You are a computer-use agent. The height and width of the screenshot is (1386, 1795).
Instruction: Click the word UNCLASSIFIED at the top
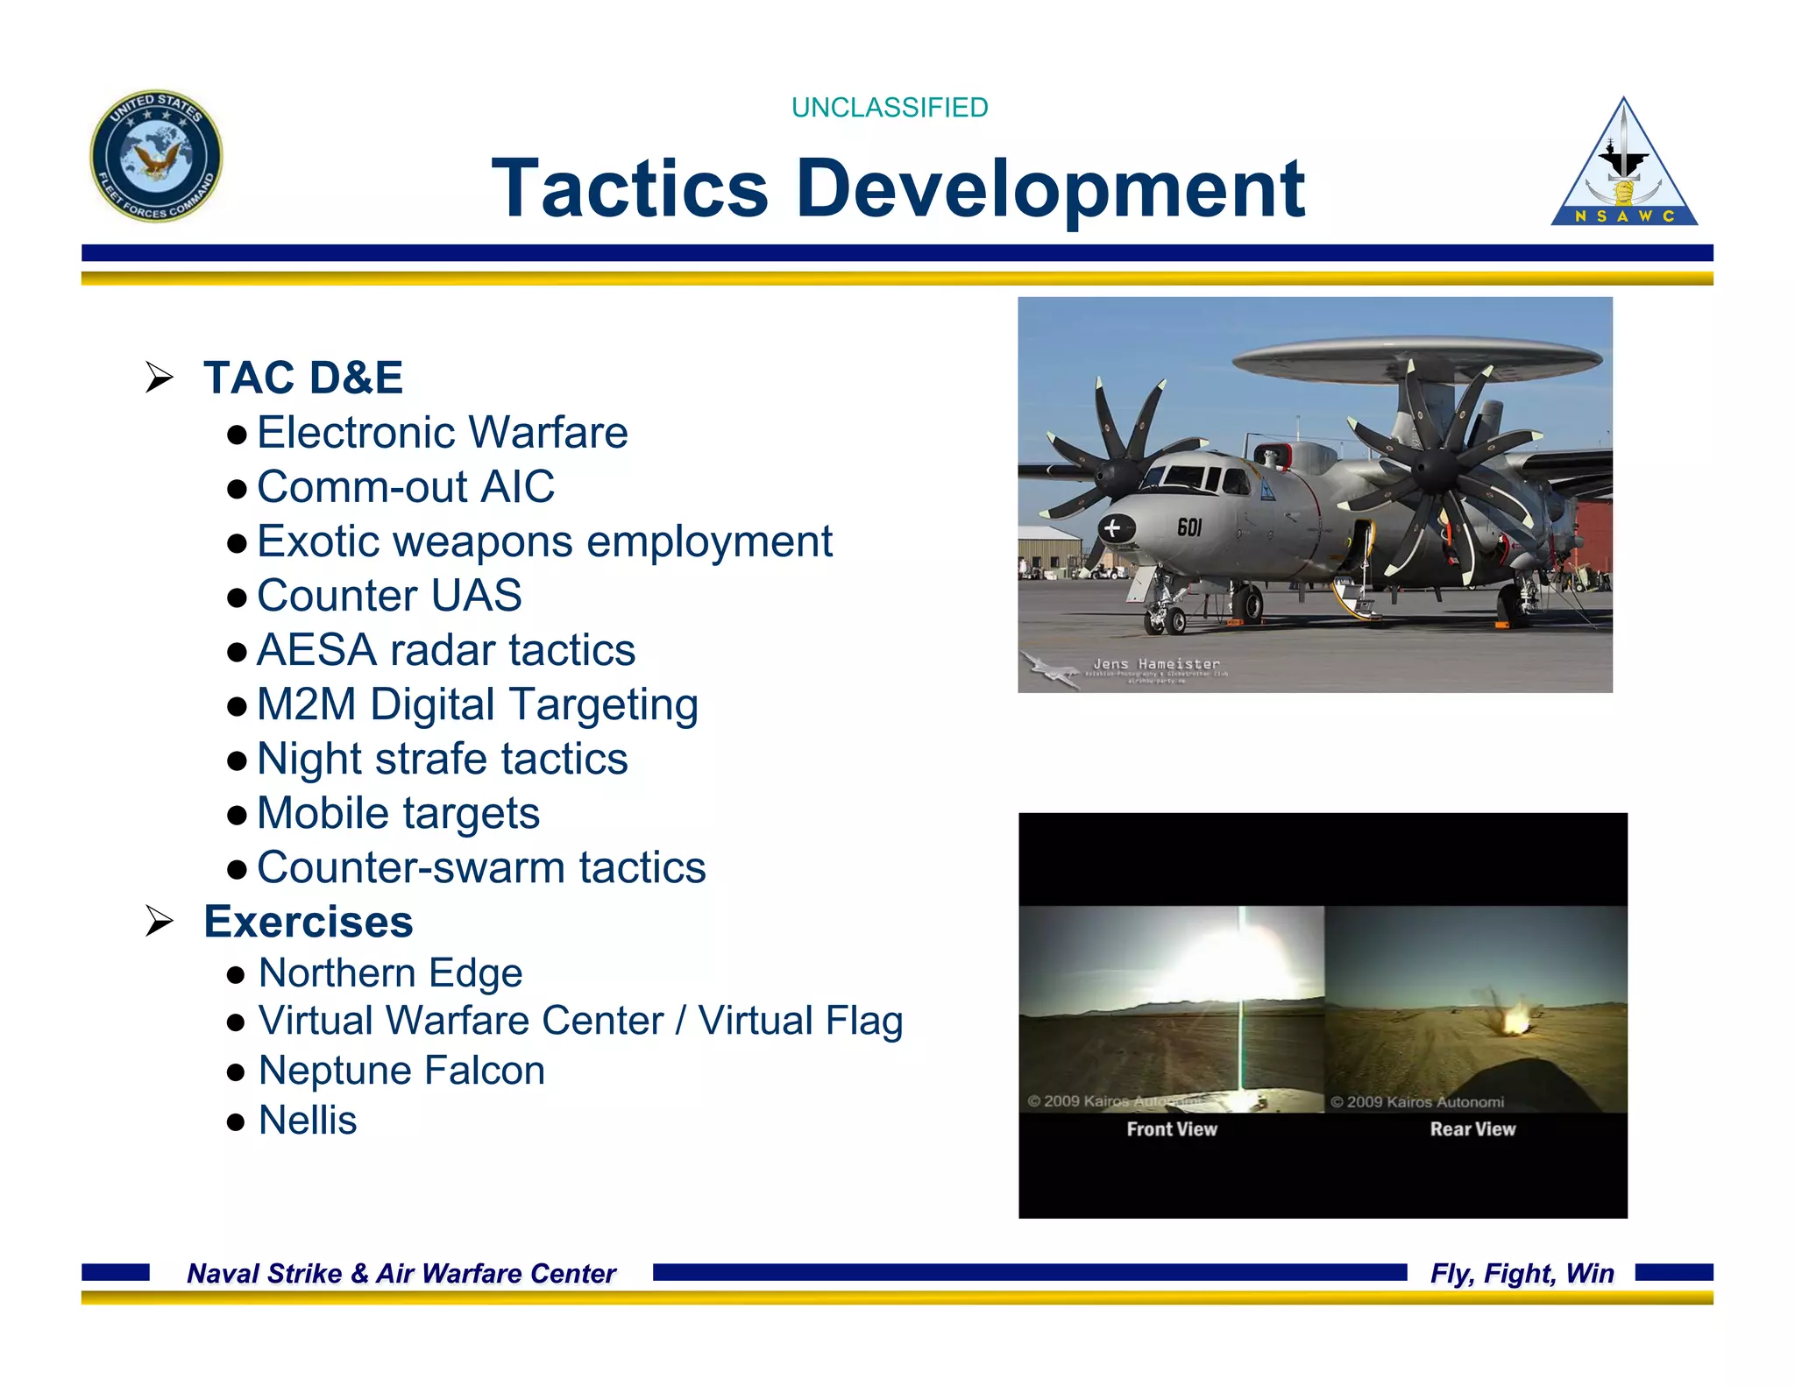(889, 108)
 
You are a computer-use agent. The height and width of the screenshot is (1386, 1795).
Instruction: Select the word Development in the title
(1050, 188)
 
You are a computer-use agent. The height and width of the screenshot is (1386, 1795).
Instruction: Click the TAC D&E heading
(303, 378)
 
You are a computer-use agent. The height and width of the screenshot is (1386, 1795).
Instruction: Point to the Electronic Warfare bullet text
(442, 433)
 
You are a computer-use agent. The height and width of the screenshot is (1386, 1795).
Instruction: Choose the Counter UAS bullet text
(389, 596)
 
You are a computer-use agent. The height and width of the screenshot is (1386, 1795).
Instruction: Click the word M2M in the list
(307, 704)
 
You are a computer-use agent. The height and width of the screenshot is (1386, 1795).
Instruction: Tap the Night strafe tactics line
(442, 759)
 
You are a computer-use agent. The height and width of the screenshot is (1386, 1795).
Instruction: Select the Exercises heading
(308, 922)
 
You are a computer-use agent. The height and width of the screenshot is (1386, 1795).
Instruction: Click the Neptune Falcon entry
(401, 1071)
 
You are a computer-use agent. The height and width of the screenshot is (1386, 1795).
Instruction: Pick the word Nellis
(308, 1121)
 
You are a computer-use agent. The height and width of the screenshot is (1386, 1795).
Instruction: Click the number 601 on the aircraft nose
(1189, 527)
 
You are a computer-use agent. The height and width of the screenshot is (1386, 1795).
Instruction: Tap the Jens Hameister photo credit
(1156, 664)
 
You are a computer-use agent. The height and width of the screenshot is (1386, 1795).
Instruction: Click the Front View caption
(1172, 1129)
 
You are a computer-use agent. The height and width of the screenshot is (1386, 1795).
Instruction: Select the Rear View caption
(1472, 1129)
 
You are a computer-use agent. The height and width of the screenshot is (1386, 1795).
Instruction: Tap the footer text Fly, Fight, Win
(1522, 1273)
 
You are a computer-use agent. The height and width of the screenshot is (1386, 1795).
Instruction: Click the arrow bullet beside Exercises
(160, 922)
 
